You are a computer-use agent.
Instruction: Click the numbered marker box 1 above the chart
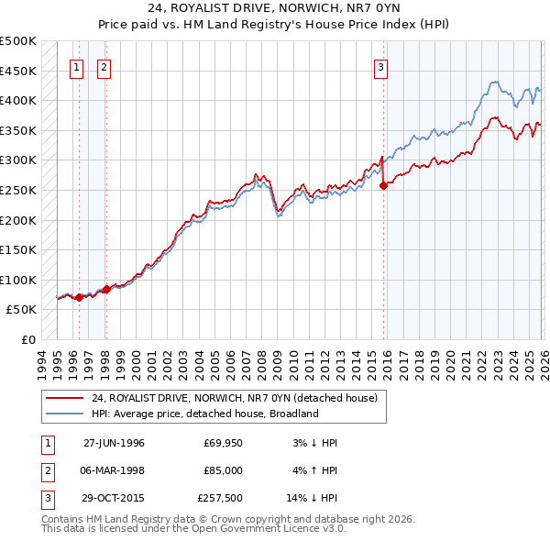77,67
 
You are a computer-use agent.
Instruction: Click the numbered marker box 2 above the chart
104,67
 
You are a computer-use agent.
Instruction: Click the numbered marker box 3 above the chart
380,67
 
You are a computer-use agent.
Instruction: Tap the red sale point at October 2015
383,185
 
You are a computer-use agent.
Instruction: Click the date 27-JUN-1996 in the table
114,443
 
